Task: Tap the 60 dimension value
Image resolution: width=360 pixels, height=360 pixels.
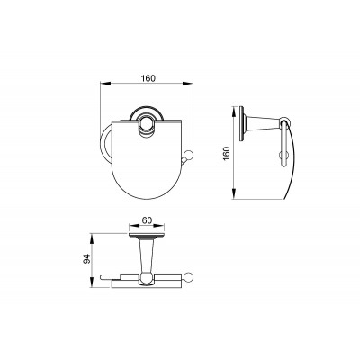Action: [147, 220]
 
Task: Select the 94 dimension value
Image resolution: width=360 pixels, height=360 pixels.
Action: [86, 259]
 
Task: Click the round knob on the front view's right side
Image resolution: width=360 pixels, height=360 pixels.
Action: [189, 156]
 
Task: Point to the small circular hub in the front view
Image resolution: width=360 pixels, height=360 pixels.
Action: [146, 123]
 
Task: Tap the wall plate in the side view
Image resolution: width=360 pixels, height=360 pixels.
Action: [241, 123]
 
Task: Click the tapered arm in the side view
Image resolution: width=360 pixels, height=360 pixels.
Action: [262, 122]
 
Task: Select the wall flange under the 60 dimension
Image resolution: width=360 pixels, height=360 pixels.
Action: [147, 235]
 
